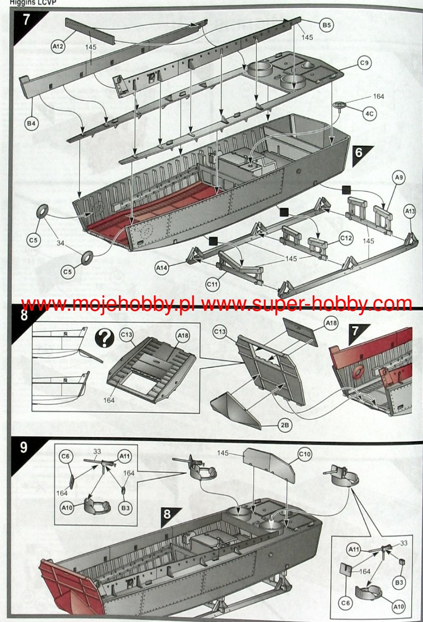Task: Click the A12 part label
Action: [58, 46]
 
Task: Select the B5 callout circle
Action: [327, 25]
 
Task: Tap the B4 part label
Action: [31, 123]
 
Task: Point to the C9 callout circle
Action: [364, 63]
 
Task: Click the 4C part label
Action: [370, 113]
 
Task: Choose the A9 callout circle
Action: [399, 177]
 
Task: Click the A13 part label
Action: [410, 211]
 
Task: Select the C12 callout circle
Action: [346, 238]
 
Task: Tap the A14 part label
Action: [162, 268]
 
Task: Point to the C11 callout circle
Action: [212, 284]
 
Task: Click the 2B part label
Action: [285, 425]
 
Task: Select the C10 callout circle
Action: [305, 454]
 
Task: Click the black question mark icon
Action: [105, 338]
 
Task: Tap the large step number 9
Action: [24, 447]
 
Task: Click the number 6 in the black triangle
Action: [358, 152]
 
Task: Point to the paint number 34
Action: [61, 243]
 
